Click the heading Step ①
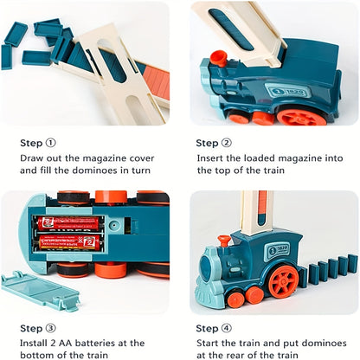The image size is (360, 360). pos(37,143)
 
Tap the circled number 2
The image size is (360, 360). pos(225,143)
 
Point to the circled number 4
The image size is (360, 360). pos(225,328)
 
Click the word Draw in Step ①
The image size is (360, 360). pos(33,158)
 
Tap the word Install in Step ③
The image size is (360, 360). pos(36,344)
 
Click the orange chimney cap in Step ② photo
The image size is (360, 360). pos(219,57)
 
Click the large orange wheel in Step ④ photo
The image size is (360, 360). pos(282,281)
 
